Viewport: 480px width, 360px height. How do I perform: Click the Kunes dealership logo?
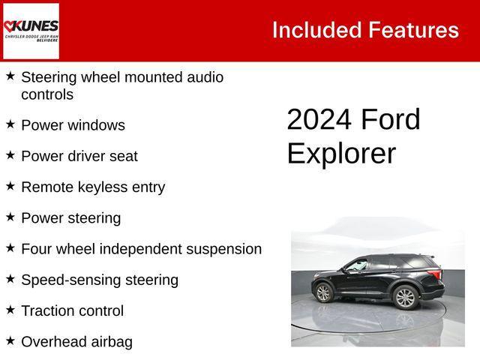31,30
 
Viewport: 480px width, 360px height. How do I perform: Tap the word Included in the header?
316,30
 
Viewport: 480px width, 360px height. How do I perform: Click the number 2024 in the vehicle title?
319,120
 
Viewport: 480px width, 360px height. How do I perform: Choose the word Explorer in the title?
341,153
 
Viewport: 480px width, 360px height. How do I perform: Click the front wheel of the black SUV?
405,298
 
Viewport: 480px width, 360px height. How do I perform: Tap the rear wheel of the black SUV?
324,292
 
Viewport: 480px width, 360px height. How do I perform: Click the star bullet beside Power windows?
10,124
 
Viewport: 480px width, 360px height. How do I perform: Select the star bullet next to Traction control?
10,309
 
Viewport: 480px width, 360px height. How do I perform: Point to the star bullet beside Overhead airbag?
10,340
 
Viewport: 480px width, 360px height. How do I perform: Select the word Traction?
48,311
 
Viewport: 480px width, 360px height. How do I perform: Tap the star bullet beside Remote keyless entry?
10,185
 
